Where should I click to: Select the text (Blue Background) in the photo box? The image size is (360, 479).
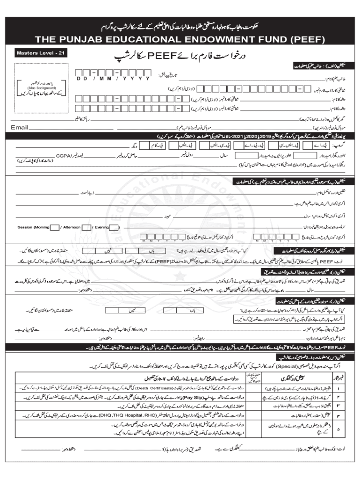tap(41, 87)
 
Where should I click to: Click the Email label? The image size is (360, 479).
tap(20, 127)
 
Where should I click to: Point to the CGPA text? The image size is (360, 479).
tap(64, 155)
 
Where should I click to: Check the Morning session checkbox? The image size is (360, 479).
tap(55, 227)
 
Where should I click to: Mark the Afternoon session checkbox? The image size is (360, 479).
tap(86, 227)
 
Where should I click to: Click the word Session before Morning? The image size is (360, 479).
tap(25, 227)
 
